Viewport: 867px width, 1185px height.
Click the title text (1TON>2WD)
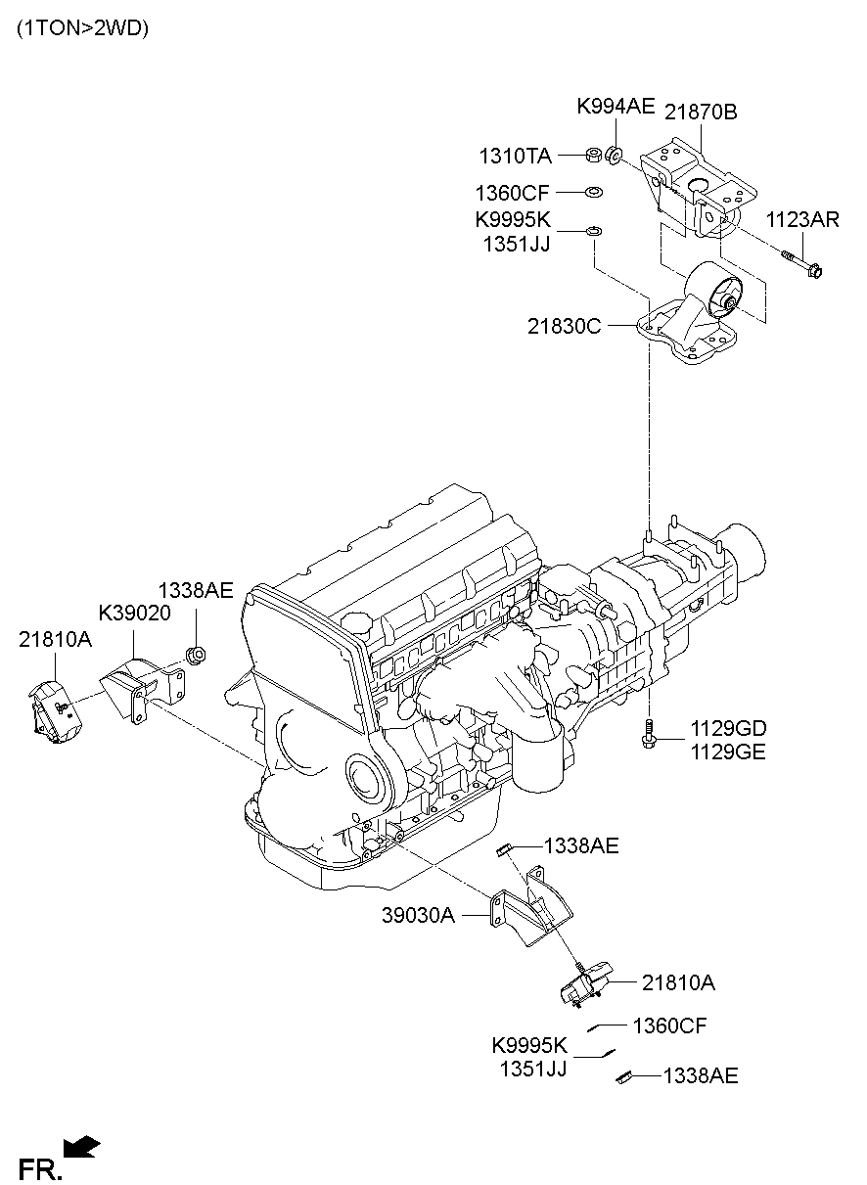point(82,28)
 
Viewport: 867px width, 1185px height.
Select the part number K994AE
point(615,107)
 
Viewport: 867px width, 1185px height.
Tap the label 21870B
point(702,113)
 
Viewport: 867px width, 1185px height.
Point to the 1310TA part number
point(515,157)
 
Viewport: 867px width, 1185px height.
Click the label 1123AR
point(802,220)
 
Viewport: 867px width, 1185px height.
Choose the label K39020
point(134,614)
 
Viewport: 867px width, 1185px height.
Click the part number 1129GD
point(728,728)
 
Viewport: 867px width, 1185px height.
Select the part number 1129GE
point(728,752)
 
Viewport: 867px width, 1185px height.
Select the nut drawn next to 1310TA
point(592,156)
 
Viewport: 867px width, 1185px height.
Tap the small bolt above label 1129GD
point(648,733)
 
